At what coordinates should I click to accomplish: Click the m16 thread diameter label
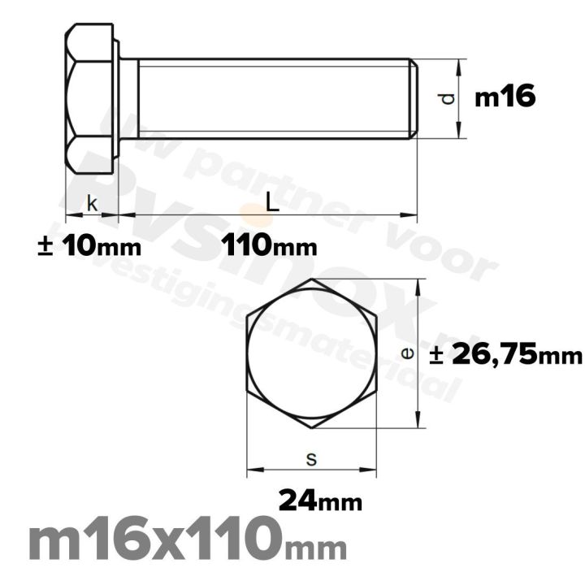pos(505,98)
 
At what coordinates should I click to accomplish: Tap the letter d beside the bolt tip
pos(446,99)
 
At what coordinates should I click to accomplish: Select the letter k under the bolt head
pos(92,205)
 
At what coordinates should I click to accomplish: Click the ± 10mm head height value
pos(89,245)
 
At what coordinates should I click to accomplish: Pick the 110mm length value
pos(269,245)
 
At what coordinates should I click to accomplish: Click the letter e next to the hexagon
pos(409,353)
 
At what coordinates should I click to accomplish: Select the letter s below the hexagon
pos(311,459)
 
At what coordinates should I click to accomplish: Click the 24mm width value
pos(320,499)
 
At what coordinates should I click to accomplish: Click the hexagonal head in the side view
pos(89,98)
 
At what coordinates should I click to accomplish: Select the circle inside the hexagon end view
pos(312,353)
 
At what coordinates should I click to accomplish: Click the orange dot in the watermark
pos(259,216)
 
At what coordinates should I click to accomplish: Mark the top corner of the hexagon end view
pos(312,280)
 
